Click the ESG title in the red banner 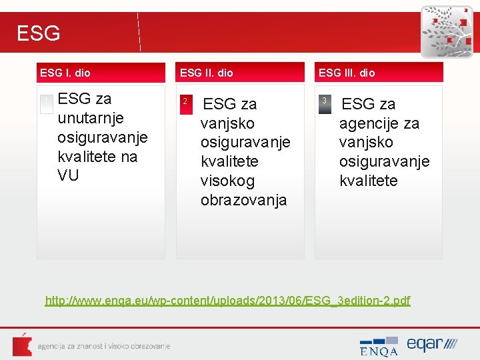coord(38,33)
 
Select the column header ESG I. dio coord(65,73)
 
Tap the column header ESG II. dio coord(207,73)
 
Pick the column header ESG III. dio coord(347,73)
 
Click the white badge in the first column coord(46,104)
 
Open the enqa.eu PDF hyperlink coord(227,301)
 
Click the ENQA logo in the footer coord(379,346)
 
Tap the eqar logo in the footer coord(432,345)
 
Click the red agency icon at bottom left coord(22,345)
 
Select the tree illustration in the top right coord(446,31)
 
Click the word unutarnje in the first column coord(85,118)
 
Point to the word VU coord(68,175)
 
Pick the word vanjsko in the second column coord(227,123)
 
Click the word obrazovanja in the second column coord(243,200)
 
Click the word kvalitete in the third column coord(368,181)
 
